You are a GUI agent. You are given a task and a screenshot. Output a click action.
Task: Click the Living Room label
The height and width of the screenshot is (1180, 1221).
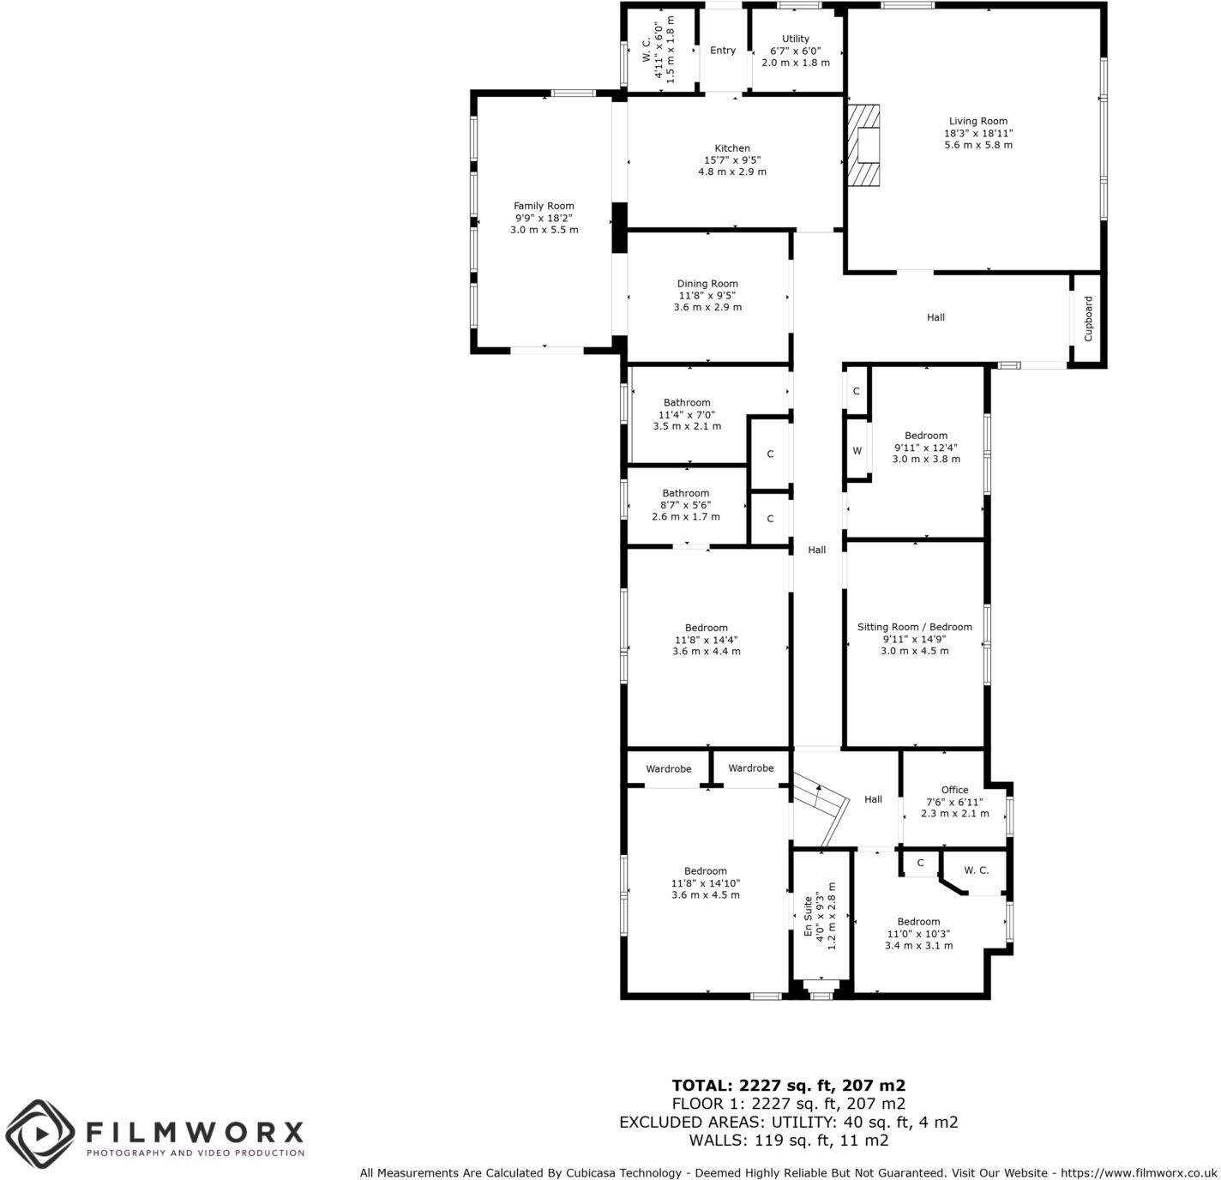[x=977, y=122]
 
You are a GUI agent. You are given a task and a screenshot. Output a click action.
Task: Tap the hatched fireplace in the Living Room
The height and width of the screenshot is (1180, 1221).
[x=864, y=144]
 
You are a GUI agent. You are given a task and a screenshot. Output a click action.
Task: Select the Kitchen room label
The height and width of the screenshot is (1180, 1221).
[x=732, y=148]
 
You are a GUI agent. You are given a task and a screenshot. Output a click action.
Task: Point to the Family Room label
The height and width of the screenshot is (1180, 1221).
[x=544, y=206]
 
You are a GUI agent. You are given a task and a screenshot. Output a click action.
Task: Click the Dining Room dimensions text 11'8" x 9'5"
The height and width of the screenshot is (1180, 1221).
[x=707, y=296]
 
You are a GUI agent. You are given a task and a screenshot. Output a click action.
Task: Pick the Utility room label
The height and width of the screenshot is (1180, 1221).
[x=795, y=39]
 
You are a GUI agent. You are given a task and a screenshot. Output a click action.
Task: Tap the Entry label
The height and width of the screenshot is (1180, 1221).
[x=723, y=51]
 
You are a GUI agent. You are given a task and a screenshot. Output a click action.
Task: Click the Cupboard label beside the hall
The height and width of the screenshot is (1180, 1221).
[x=1088, y=319]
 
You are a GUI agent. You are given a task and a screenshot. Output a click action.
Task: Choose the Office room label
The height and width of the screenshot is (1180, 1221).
[x=954, y=790]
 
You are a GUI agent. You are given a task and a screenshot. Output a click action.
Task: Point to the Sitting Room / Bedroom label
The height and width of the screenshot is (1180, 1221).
[x=914, y=627]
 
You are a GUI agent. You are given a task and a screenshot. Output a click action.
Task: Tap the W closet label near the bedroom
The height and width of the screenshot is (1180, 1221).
[x=857, y=451]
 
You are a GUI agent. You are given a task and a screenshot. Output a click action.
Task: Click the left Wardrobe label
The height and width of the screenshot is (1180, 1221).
[x=668, y=769]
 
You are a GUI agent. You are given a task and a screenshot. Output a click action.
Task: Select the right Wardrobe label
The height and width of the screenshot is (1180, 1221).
[x=750, y=768]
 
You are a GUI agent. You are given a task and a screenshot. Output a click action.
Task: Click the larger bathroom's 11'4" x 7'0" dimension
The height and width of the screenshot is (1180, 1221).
[x=687, y=414]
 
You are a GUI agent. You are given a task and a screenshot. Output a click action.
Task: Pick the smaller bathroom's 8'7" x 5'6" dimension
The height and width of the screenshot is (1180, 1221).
[x=686, y=505]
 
